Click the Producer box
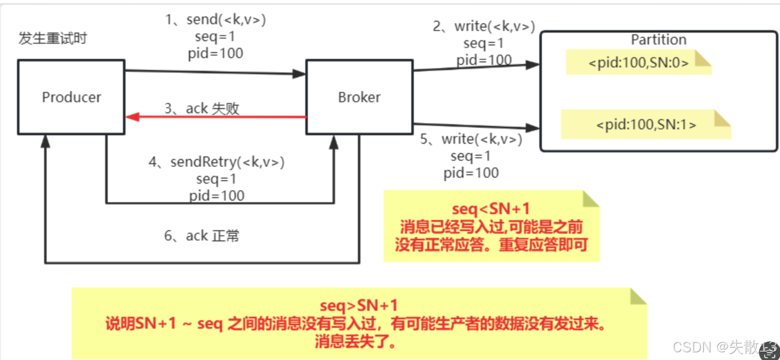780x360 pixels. (71, 97)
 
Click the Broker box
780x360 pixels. (359, 97)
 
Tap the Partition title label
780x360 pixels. (658, 40)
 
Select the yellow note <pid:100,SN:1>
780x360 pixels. (645, 125)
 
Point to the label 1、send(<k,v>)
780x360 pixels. (215, 19)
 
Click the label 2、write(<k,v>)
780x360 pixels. (483, 26)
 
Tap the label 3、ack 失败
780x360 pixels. (202, 109)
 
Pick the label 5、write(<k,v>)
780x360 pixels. (471, 139)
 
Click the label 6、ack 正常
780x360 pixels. (202, 236)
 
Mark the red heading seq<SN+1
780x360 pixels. (491, 210)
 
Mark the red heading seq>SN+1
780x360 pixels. (359, 305)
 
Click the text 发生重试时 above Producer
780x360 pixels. (53, 40)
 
